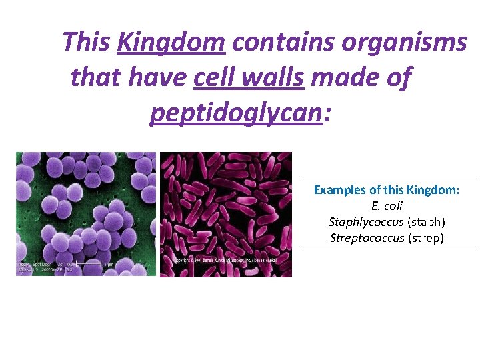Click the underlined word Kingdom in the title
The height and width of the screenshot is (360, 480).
pyautogui.click(x=171, y=43)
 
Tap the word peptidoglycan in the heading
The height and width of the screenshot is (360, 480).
pyautogui.click(x=236, y=113)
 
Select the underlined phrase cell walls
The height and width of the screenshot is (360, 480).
pyautogui.click(x=248, y=78)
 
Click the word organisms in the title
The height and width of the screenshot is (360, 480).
pyautogui.click(x=404, y=43)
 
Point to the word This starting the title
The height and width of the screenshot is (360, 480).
pyautogui.click(x=86, y=43)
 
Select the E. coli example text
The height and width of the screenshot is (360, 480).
pyautogui.click(x=387, y=206)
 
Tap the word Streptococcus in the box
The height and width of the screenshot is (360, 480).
pyautogui.click(x=367, y=237)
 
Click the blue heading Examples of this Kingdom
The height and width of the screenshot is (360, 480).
pyautogui.click(x=387, y=190)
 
